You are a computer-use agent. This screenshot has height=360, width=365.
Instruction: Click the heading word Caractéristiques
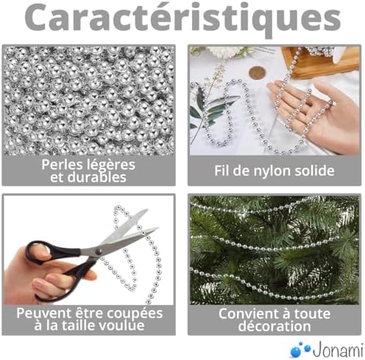[182, 20]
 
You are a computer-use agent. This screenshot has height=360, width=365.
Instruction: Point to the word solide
[313, 171]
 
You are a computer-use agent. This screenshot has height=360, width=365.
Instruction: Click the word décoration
[274, 326]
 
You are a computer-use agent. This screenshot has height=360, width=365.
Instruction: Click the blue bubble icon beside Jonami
[298, 347]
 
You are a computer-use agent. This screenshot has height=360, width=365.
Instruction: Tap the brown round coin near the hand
[256, 72]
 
